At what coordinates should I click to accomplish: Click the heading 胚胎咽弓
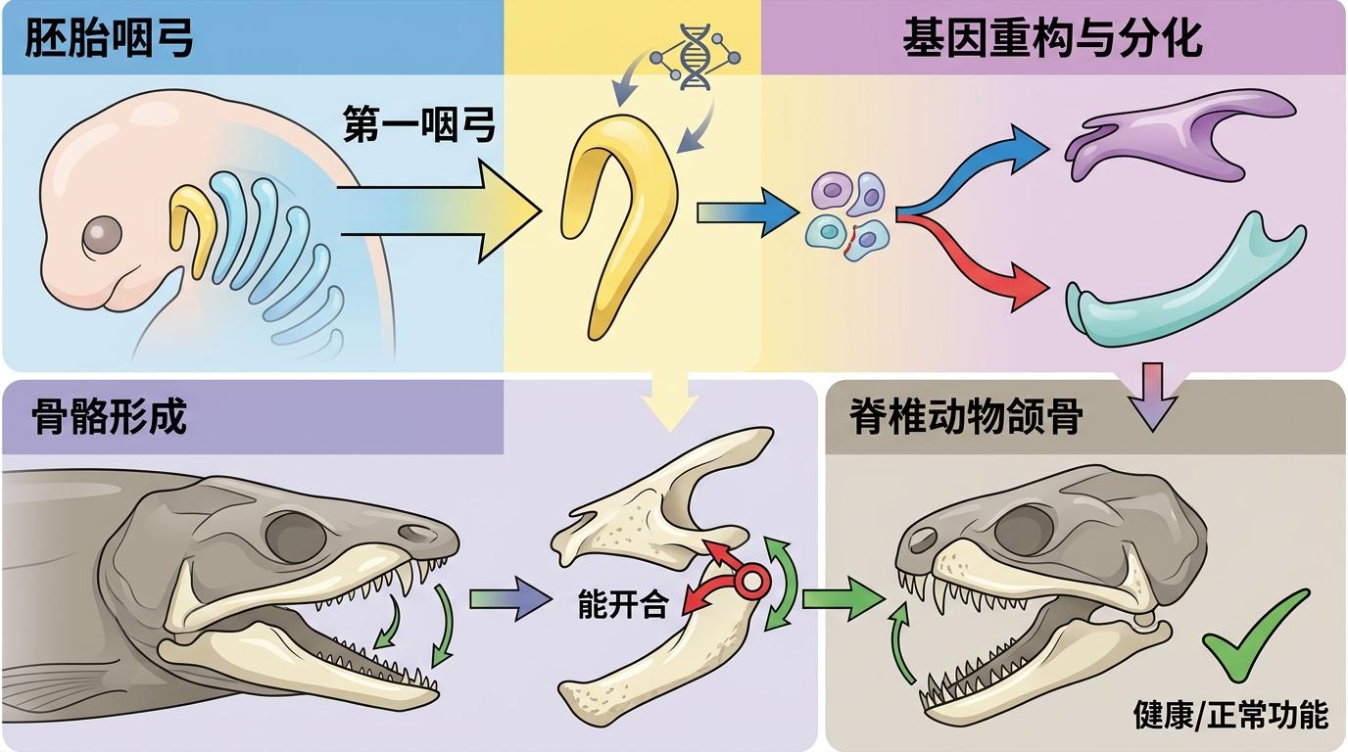pyautogui.click(x=109, y=38)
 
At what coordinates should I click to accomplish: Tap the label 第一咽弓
pyautogui.click(x=418, y=124)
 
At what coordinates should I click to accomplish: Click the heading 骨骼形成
pyautogui.click(x=109, y=417)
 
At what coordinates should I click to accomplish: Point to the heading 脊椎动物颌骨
pyautogui.click(x=966, y=416)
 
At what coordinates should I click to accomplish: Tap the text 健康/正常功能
pyautogui.click(x=1230, y=715)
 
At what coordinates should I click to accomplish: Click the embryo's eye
pyautogui.click(x=102, y=233)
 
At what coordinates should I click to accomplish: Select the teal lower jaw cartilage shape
pyautogui.click(x=1180, y=290)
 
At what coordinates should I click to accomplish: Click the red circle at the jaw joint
pyautogui.click(x=752, y=583)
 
